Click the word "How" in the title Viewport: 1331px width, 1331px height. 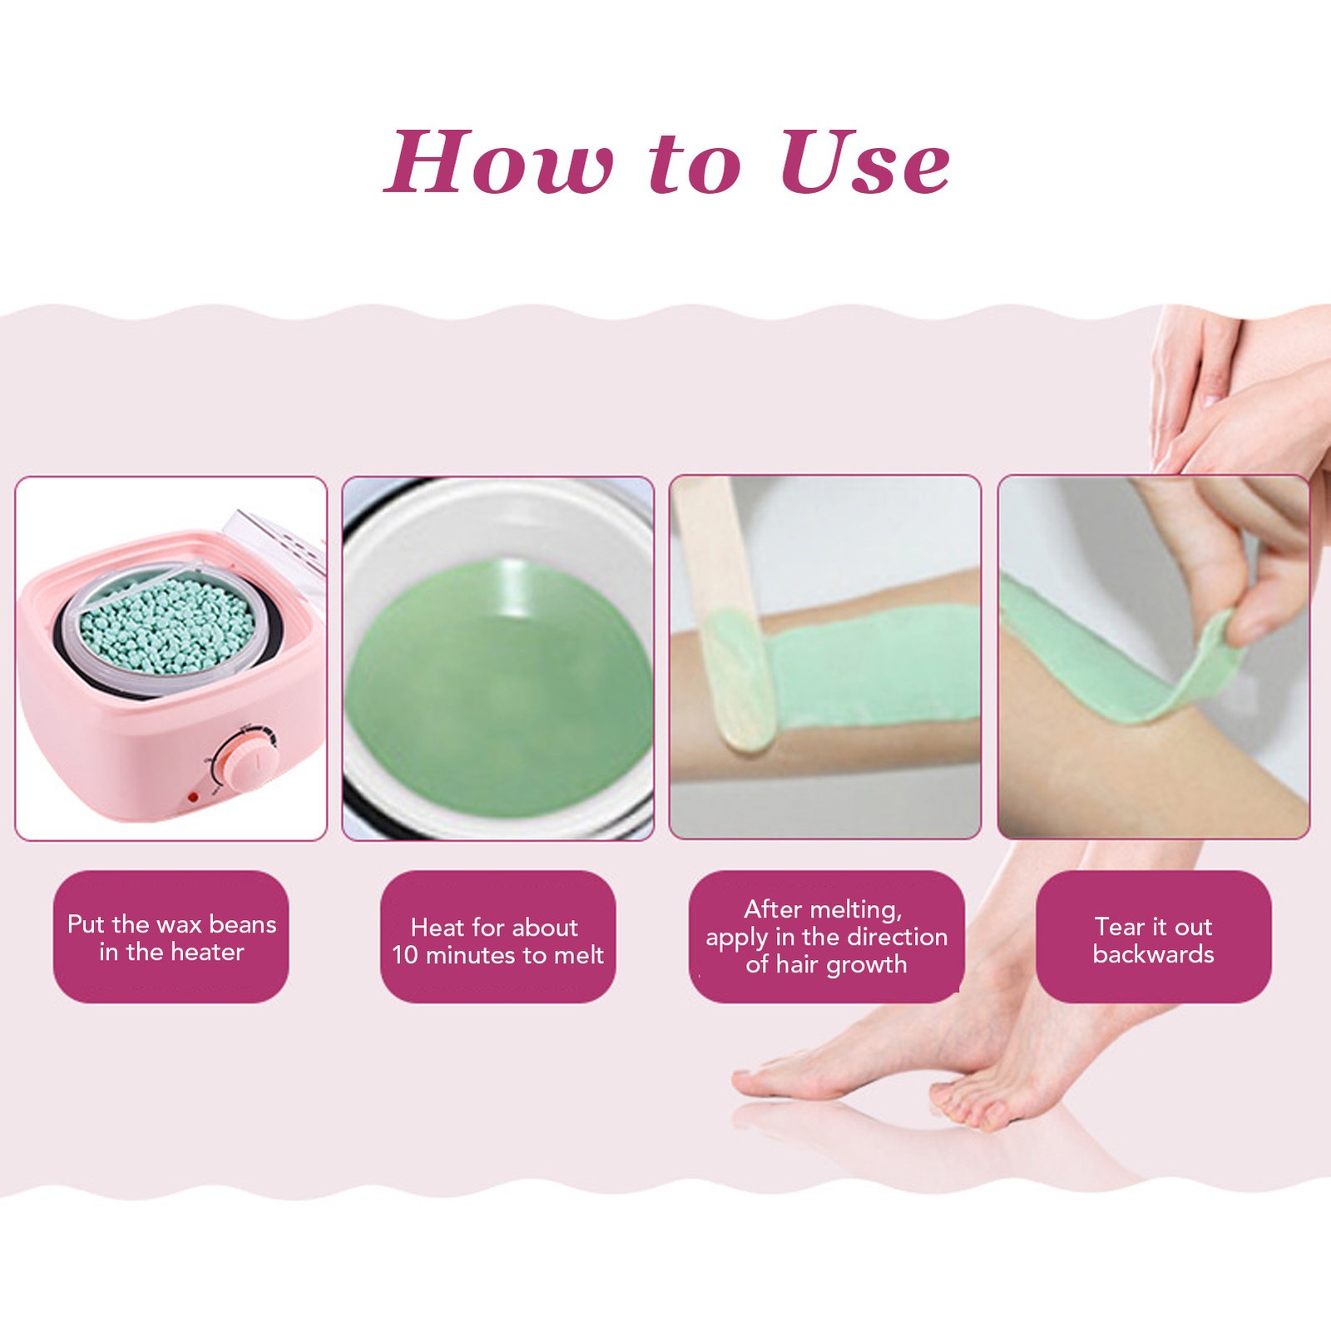coord(498,162)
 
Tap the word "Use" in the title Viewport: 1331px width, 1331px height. coord(865,162)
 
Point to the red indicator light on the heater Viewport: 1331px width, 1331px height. coord(193,798)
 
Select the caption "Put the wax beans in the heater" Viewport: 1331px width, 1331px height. coord(171,938)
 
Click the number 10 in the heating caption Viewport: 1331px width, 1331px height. coord(405,954)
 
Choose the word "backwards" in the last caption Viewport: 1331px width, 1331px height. coord(1153,954)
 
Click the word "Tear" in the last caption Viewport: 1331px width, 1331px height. coord(1121,926)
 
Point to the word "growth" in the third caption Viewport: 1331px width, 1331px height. coord(864,965)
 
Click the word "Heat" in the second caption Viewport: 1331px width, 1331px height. coord(438,927)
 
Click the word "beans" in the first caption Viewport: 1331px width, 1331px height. coord(243,924)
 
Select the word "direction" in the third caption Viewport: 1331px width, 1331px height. coord(898,937)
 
